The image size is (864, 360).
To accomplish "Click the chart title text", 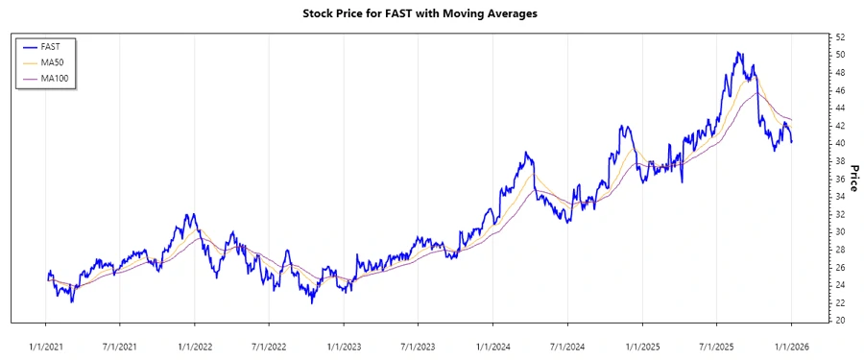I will pos(432,13).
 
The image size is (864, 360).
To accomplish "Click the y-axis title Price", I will pos(854,178).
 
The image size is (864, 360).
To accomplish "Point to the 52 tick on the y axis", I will pos(840,36).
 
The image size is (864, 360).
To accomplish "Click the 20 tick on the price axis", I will pos(840,321).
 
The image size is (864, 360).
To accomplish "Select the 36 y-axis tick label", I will pos(840,179).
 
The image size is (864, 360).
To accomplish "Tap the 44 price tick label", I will pos(840,108).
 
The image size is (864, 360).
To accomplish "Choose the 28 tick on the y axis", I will pos(840,250).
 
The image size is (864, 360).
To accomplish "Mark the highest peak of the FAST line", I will pos(737,52).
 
